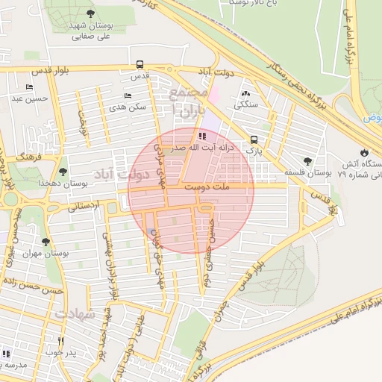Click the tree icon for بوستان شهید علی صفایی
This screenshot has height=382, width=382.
click(90, 13)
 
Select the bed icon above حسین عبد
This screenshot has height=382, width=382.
click(29, 87)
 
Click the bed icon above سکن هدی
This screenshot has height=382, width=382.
click(127, 96)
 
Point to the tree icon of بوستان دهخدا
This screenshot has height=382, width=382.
click(62, 172)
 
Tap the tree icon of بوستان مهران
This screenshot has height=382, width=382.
click(46, 242)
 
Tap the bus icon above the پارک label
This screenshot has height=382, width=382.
click(254, 140)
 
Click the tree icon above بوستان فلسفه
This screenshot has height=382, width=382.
click(307, 161)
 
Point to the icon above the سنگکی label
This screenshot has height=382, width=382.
click(245, 94)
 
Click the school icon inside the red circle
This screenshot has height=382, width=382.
click(202, 136)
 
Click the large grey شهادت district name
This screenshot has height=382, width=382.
click(74, 314)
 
